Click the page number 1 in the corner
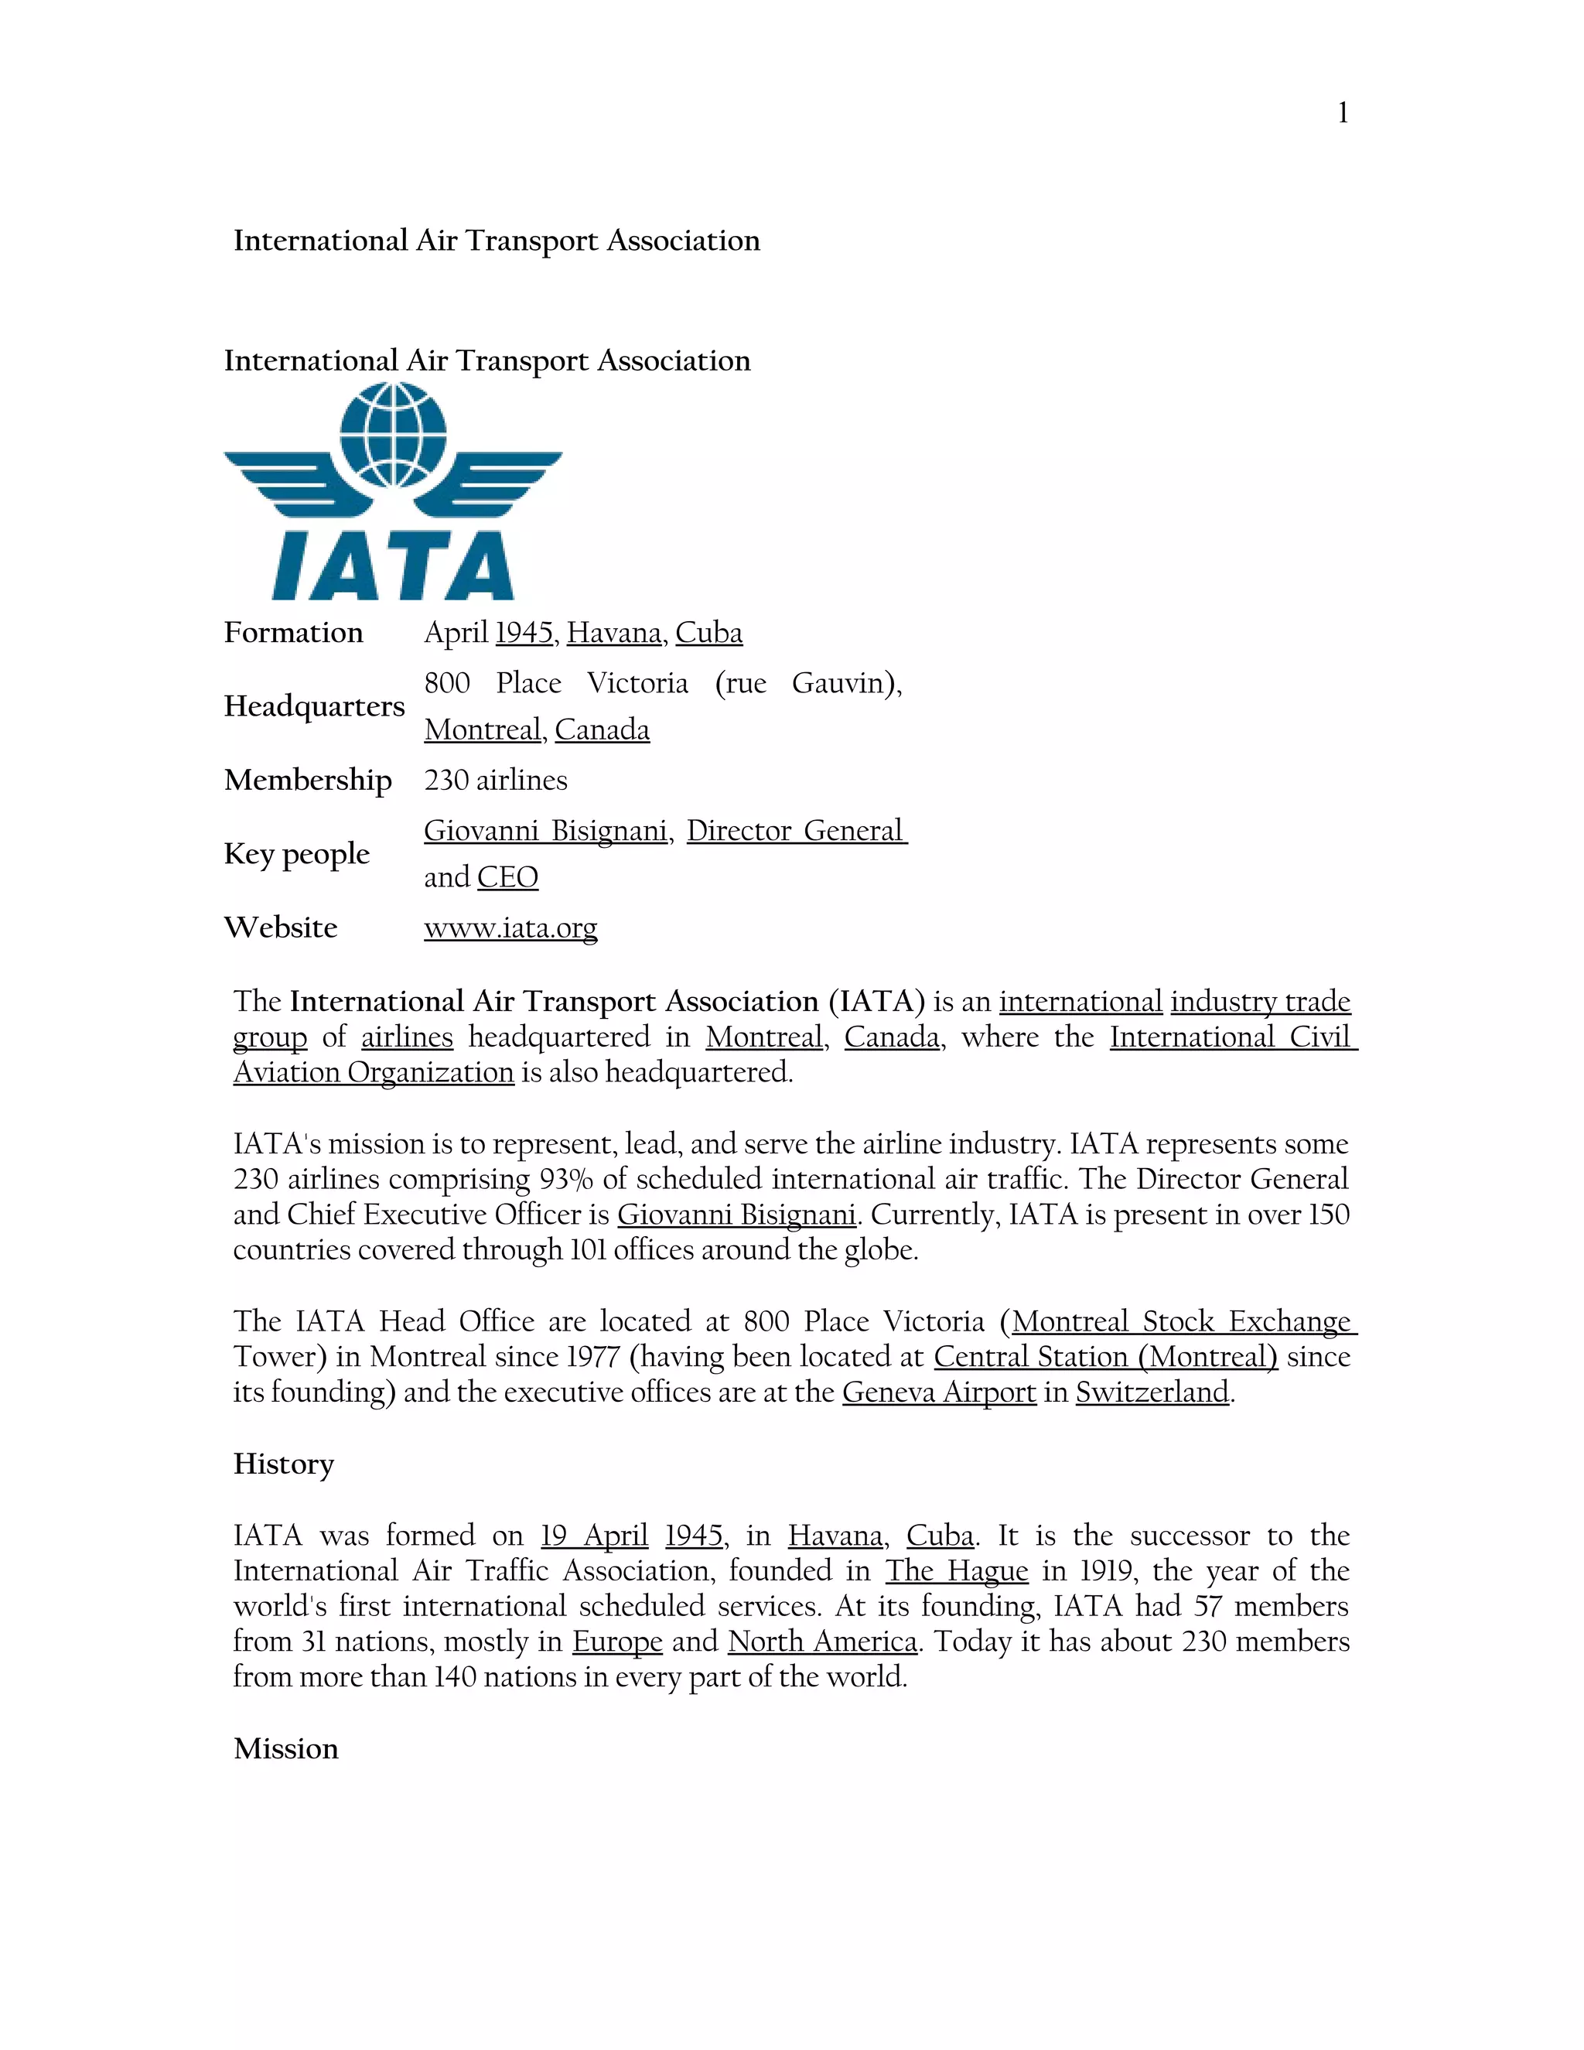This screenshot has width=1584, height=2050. point(1343,114)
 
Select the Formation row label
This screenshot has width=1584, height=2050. point(293,633)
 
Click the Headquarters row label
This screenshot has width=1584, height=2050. point(314,706)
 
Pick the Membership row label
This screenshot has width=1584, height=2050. point(308,780)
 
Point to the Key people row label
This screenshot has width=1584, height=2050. point(296,854)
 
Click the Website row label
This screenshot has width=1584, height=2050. point(281,928)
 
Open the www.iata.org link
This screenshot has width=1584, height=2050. point(510,928)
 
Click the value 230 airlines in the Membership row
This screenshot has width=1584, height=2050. point(496,780)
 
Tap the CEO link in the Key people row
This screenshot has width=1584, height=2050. point(507,878)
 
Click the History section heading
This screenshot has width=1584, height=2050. point(283,1464)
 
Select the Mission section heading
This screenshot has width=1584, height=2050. point(285,1749)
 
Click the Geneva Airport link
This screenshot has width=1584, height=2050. point(938,1392)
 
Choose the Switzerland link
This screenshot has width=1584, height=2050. point(1152,1392)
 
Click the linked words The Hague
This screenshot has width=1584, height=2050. point(956,1571)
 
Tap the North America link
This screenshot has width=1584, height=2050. point(822,1642)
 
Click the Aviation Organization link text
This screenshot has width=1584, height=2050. point(374,1072)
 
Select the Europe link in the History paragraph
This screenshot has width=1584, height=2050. point(617,1642)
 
